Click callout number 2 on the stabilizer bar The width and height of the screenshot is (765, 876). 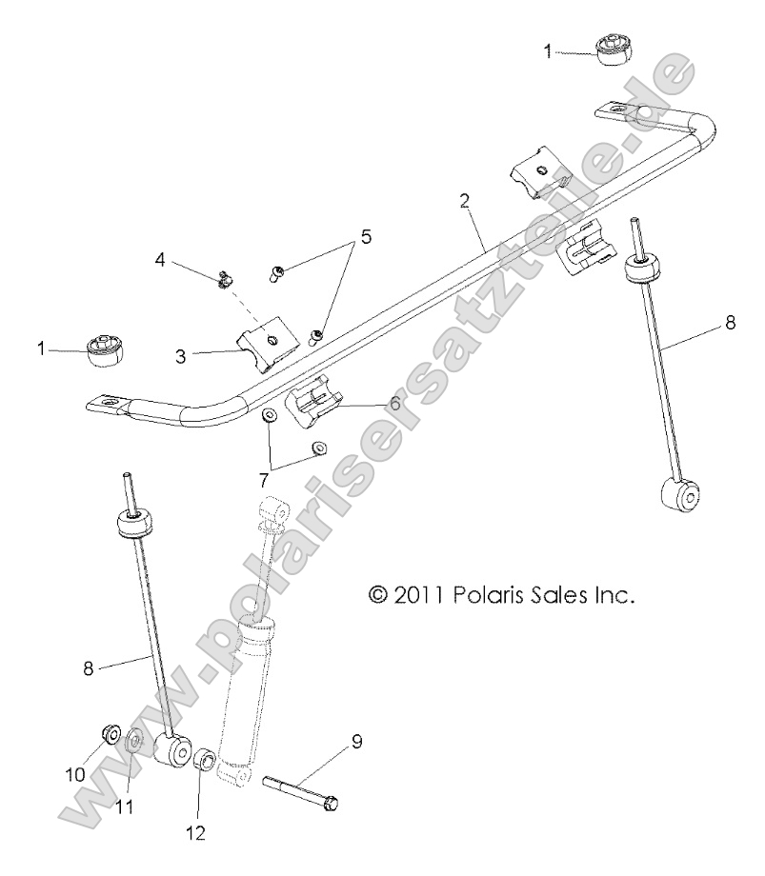tap(464, 200)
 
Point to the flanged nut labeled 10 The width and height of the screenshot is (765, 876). tap(109, 734)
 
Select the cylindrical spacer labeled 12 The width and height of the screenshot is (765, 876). tap(204, 764)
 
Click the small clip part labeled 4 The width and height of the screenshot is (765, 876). tap(223, 279)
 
